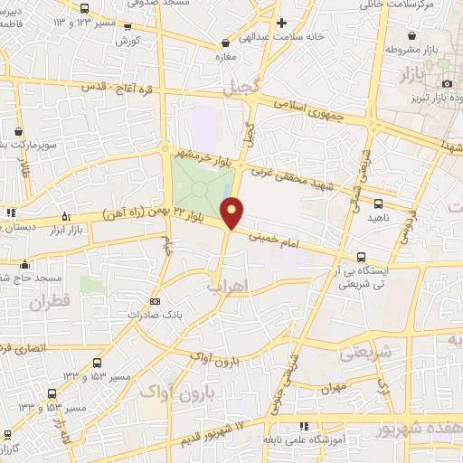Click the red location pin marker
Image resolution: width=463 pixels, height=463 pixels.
[233, 213]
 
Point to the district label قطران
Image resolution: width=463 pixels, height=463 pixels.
[49, 303]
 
